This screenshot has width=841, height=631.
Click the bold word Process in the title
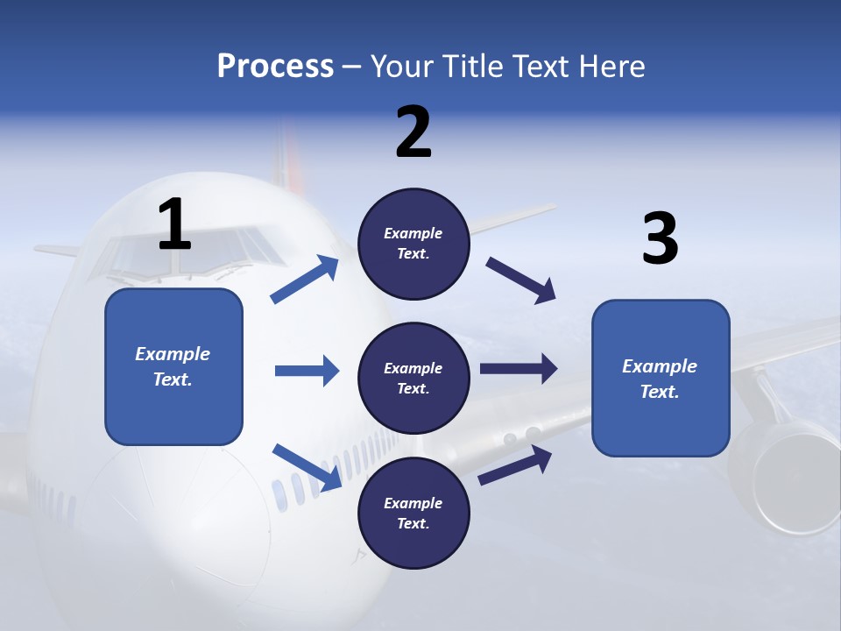coord(275,67)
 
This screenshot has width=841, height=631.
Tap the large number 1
coord(174,224)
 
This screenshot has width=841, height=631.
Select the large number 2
coord(413,132)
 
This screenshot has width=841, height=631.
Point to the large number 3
coord(660,239)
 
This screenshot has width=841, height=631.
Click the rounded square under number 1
coord(173,366)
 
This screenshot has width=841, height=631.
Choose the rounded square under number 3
coord(661,378)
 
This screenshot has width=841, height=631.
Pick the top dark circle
coord(413,244)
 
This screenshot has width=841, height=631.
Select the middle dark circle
coord(413,378)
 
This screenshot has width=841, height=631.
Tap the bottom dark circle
coord(413,513)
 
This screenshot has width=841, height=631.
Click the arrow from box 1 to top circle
coord(305,280)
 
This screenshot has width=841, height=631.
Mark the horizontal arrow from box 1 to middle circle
coord(307,371)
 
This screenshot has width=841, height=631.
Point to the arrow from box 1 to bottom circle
coord(307,467)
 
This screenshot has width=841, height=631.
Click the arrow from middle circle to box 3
coord(518,369)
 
